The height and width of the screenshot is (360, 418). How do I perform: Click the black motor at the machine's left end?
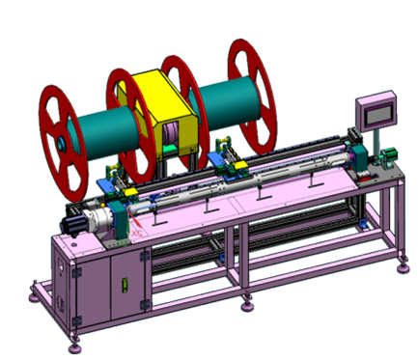coord(73,223)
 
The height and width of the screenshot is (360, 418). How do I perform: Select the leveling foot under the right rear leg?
coord(399,259)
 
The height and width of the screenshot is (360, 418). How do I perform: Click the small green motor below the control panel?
coord(389,154)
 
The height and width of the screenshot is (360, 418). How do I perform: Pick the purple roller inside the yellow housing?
coord(171,136)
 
